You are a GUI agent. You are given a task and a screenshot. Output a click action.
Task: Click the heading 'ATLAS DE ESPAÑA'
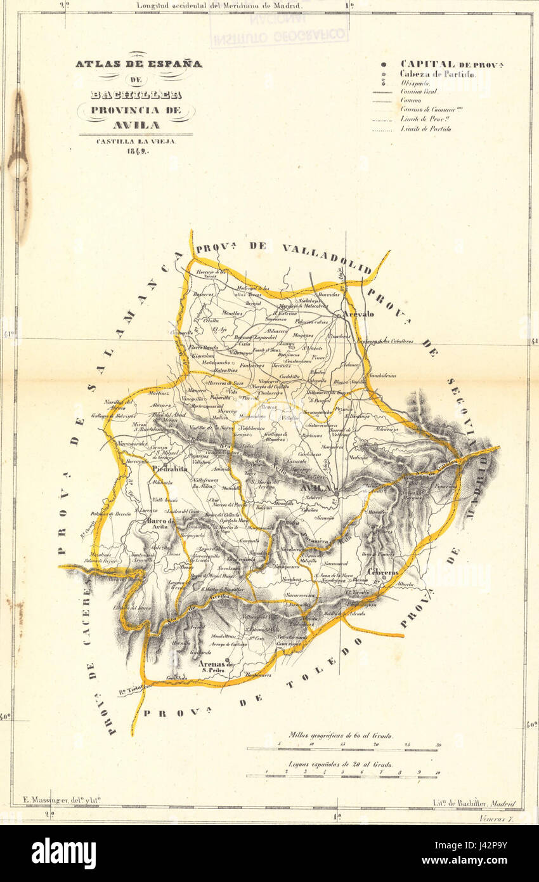click(138, 64)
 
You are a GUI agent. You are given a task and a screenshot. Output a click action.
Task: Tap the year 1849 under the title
click(136, 151)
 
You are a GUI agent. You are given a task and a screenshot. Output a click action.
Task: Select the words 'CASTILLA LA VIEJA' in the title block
click(136, 142)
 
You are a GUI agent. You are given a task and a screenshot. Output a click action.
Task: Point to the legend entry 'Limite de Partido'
click(425, 129)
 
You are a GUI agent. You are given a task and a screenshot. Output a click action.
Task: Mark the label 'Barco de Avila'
click(162, 523)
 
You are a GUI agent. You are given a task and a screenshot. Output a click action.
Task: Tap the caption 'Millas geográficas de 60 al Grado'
click(340, 736)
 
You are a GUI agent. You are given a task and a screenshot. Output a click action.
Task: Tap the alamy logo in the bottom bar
click(63, 853)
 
